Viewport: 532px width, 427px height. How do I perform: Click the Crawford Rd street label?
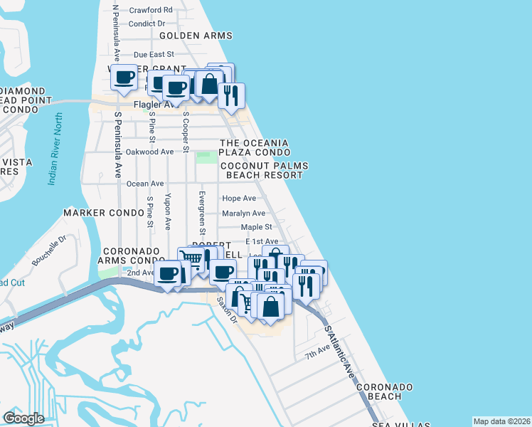(151, 11)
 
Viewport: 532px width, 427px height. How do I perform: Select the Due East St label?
(154, 54)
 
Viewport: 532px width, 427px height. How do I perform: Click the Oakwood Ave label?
(149, 152)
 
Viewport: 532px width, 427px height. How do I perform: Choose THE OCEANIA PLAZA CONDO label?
(254, 147)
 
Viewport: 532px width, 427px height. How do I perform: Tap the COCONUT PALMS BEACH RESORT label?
(264, 170)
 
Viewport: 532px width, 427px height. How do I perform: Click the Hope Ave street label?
(239, 199)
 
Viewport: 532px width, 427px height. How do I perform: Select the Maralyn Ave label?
(243, 213)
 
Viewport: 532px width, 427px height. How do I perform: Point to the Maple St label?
(257, 227)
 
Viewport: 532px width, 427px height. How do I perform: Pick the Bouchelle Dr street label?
(50, 251)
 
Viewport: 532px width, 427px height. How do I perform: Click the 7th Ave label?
(317, 353)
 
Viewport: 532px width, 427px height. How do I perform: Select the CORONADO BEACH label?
(385, 391)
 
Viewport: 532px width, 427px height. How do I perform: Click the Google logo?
(23, 418)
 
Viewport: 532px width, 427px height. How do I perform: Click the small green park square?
(206, 157)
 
